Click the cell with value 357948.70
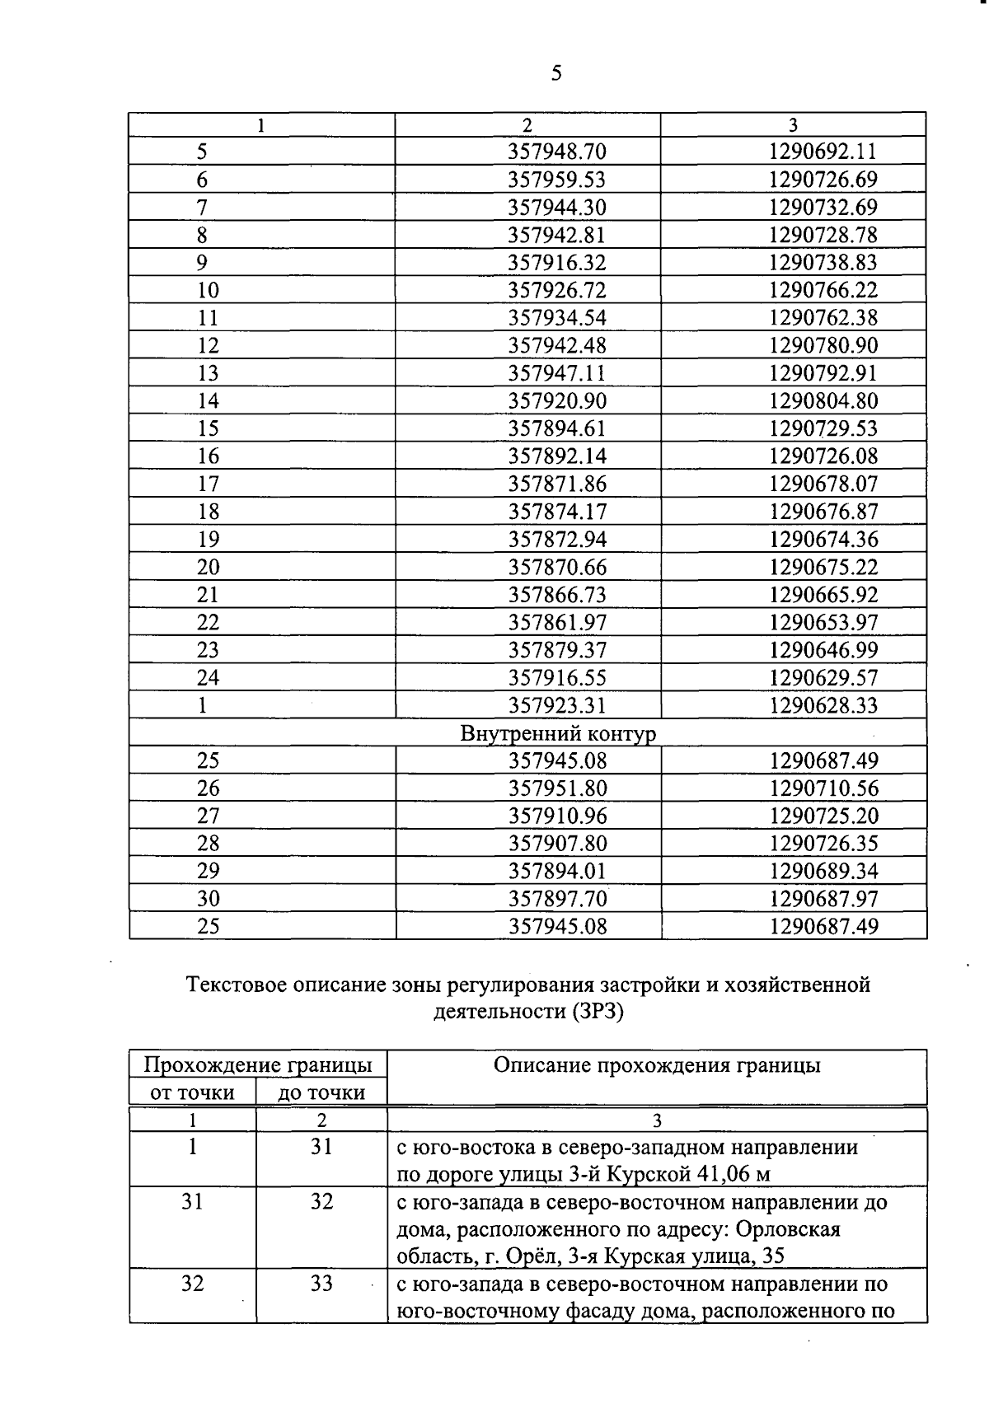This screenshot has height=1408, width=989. (x=557, y=152)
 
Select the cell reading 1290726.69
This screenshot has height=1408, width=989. (x=823, y=180)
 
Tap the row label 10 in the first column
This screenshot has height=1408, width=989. (x=208, y=290)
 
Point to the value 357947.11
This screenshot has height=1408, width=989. (x=557, y=373)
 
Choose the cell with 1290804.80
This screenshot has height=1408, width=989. (x=823, y=401)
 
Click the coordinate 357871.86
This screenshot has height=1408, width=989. (x=557, y=484)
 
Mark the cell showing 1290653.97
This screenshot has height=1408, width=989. (x=823, y=622)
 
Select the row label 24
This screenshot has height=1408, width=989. (x=208, y=678)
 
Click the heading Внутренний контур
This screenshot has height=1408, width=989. (x=558, y=733)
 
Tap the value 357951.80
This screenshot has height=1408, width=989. (x=557, y=788)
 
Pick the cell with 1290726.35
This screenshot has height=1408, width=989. (x=823, y=844)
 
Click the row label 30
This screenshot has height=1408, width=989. (x=208, y=899)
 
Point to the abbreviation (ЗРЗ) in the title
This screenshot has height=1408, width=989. (x=596, y=1012)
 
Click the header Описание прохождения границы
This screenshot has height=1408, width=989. (x=657, y=1065)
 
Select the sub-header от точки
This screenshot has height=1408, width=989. (x=191, y=1093)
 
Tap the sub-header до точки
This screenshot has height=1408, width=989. (x=321, y=1093)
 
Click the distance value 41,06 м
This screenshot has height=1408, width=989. (x=722, y=1174)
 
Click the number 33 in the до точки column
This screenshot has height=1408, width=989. (x=321, y=1284)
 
